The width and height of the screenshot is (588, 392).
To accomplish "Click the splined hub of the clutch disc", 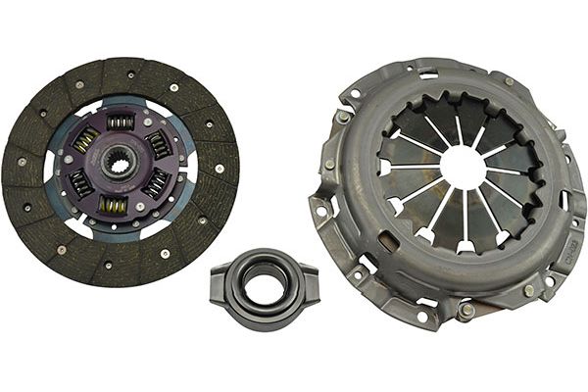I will coord(120,163).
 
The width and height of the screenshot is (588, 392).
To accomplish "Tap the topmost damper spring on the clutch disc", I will coord(120,122).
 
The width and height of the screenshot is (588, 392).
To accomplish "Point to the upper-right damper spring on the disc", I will coord(157,144).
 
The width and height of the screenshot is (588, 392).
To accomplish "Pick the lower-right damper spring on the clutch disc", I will coord(155,183).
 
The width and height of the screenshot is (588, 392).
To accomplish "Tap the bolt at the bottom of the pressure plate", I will coord(466,312).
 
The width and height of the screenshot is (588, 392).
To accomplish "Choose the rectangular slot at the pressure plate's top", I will coord(428,73).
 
